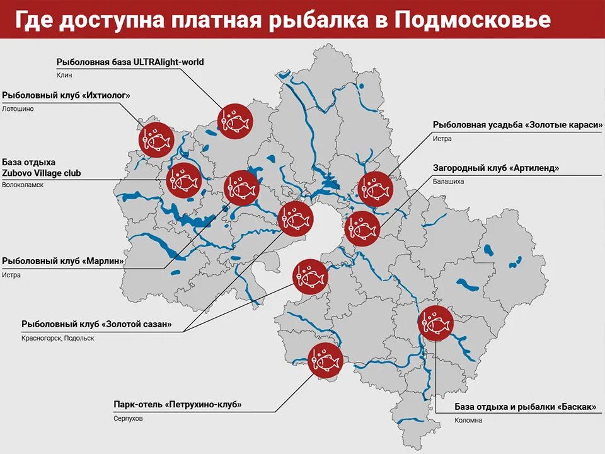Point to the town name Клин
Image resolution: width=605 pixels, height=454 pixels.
pos(64,75)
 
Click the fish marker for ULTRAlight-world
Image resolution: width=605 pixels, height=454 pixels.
pos(234,120)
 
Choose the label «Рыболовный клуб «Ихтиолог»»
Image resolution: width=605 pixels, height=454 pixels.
pos(66,96)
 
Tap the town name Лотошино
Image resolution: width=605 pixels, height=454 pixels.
pos(18,108)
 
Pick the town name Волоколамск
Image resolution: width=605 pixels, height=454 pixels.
pos(23,185)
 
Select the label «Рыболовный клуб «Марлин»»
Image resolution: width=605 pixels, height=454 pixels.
pos(62,261)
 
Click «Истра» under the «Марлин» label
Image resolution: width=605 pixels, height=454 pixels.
pos(11,274)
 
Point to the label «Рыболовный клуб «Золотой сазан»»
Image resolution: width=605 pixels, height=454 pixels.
pos(96,325)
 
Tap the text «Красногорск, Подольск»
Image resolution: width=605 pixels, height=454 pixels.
pos(57,338)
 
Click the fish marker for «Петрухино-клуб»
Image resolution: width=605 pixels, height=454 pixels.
pos(325,361)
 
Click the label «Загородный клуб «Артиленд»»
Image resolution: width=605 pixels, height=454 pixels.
pos(496,168)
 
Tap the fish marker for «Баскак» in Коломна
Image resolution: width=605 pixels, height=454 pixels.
pos(435,323)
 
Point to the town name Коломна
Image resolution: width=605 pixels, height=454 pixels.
pos(468,420)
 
